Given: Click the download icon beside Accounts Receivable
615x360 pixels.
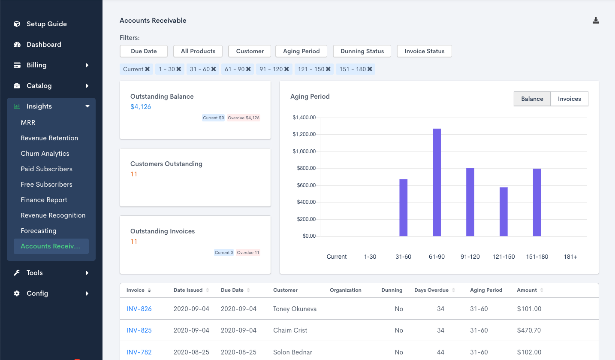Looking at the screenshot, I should pyautogui.click(x=596, y=21).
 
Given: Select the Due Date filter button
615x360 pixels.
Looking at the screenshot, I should pyautogui.click(x=144, y=51).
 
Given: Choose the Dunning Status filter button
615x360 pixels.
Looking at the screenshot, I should pyautogui.click(x=362, y=51).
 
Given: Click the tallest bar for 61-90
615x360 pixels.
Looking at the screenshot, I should pyautogui.click(x=437, y=182).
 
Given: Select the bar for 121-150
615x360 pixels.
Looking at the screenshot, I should pyautogui.click(x=503, y=212).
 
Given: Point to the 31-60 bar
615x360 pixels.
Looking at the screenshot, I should pyautogui.click(x=403, y=207).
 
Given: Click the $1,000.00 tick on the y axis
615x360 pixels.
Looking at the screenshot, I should pyautogui.click(x=304, y=151).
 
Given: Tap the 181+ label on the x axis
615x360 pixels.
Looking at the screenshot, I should pyautogui.click(x=570, y=257).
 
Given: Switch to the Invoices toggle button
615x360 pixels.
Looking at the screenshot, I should pyautogui.click(x=569, y=99).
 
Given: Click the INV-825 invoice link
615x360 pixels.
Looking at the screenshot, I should pyautogui.click(x=139, y=330).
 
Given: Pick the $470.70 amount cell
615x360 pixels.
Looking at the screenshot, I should pyautogui.click(x=529, y=330).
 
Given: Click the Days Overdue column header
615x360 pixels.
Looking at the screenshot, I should pyautogui.click(x=431, y=290).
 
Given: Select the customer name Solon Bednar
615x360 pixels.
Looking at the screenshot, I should pyautogui.click(x=292, y=352).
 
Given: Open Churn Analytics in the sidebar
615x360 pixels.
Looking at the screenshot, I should pyautogui.click(x=45, y=154).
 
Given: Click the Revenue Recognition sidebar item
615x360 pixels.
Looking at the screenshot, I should pyautogui.click(x=53, y=215).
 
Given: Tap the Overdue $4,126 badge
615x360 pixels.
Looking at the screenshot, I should pyautogui.click(x=243, y=118).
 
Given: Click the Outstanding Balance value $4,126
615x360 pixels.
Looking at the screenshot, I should pyautogui.click(x=141, y=107).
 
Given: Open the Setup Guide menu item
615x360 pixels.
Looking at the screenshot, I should pyautogui.click(x=46, y=24).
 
